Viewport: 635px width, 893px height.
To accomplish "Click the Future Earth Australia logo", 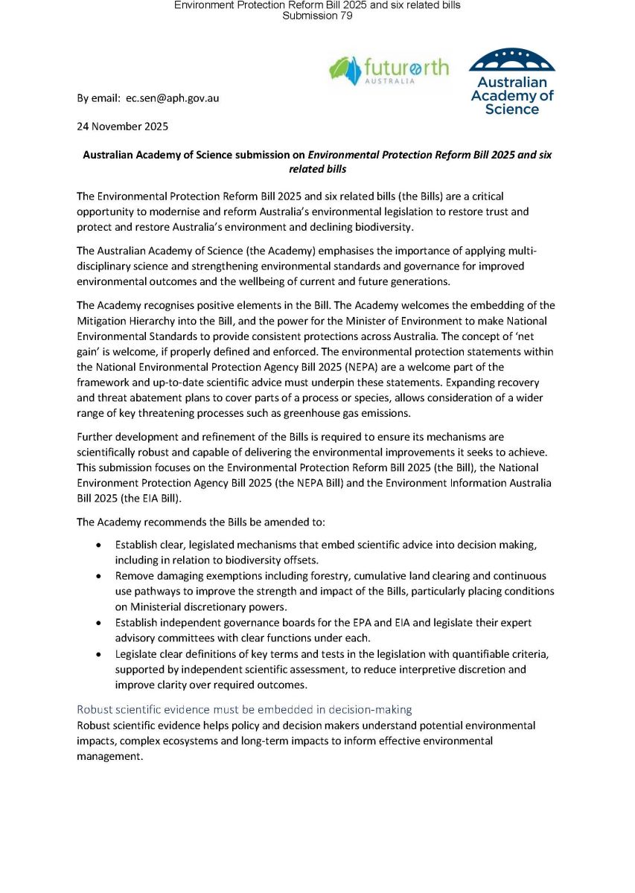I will pos(389,71).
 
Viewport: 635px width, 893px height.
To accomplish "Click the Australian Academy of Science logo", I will pos(512,82).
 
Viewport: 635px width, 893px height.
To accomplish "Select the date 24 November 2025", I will pos(123,127).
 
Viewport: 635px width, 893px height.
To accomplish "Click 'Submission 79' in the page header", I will pos(317,16).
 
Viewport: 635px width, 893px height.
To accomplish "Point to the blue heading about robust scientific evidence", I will pos(244,710).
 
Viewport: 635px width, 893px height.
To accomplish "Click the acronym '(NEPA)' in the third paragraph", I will pos(317,367).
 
